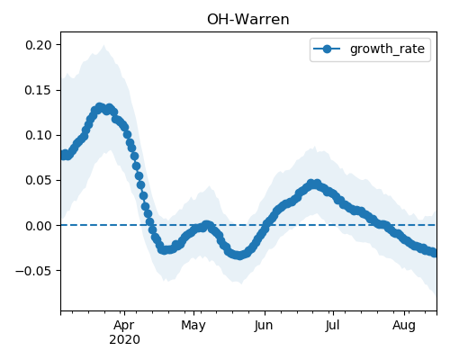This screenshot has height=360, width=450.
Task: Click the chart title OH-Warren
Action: pyautogui.click(x=248, y=20)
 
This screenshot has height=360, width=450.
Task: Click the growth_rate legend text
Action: pyautogui.click(x=387, y=49)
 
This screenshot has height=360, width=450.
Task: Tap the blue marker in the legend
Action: pyautogui.click(x=327, y=49)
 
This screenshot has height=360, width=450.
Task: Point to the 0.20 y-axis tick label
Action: pyautogui.click(x=39, y=45)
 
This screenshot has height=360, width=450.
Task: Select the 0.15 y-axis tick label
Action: pyautogui.click(x=39, y=90)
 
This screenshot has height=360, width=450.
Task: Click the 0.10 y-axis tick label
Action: pyautogui.click(x=39, y=135)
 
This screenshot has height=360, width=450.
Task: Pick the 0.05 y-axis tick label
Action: pyautogui.click(x=39, y=180)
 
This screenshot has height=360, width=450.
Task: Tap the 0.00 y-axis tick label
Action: pyautogui.click(x=39, y=226)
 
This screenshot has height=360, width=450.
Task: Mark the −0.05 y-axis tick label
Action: pyautogui.click(x=33, y=271)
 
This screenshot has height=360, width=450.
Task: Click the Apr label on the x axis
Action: pyautogui.click(x=124, y=326)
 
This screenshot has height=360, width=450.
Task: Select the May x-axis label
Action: pyautogui.click(x=193, y=326)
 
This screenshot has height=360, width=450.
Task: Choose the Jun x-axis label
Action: pyautogui.click(x=264, y=326)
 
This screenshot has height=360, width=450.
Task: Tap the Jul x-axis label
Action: pyautogui.click(x=332, y=326)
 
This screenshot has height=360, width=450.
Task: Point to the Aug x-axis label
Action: pyautogui.click(x=404, y=326)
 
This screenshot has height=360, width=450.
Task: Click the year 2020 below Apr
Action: pyautogui.click(x=124, y=340)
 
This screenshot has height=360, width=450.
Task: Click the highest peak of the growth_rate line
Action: pyautogui.click(x=100, y=107)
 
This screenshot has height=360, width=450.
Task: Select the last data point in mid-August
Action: pyautogui.click(x=434, y=253)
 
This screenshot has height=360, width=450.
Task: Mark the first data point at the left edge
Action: pyautogui.click(x=63, y=155)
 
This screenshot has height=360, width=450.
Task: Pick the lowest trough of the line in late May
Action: pyautogui.click(x=238, y=256)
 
